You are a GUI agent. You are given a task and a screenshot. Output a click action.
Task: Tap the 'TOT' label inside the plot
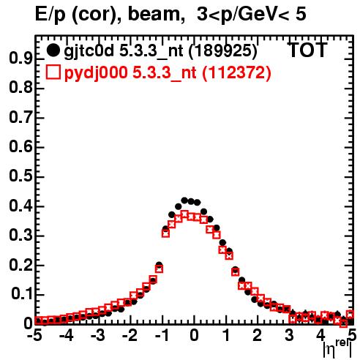[308, 50]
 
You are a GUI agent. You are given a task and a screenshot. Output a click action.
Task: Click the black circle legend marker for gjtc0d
[53, 50]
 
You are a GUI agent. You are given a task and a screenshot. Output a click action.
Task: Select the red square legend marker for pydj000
[53, 72]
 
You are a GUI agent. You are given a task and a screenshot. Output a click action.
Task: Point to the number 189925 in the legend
[222, 51]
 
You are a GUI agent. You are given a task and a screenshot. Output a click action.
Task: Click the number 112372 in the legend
[236, 72]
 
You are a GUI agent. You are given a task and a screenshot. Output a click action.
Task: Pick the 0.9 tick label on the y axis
[20, 59]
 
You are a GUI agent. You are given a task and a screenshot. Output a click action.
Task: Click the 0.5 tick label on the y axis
[20, 176]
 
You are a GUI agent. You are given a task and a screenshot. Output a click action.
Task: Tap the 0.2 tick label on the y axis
[20, 265]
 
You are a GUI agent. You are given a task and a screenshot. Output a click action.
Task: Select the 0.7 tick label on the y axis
[20, 118]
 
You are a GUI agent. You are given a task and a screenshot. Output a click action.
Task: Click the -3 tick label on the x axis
[98, 335]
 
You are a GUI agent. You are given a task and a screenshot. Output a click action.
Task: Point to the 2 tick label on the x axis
[257, 335]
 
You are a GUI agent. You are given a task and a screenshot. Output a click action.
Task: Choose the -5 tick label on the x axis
[34, 335]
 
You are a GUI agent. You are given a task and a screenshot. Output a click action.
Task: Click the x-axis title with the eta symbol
[337, 349]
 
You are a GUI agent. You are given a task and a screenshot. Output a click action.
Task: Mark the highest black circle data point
[184, 200]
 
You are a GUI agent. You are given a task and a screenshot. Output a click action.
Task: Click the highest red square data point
[184, 215]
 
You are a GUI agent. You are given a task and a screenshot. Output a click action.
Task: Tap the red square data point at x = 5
[350, 315]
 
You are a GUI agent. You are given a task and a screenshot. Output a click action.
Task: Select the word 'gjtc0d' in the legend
[89, 51]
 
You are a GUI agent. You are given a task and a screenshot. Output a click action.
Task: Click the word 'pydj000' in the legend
[96, 73]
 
